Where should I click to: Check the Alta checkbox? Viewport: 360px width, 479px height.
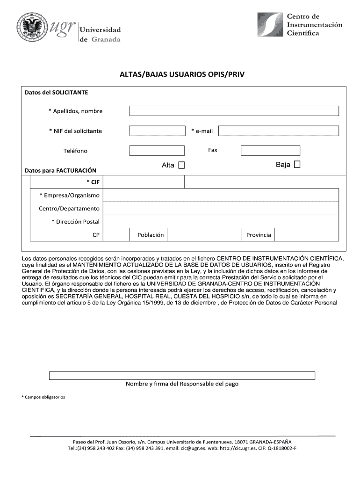[x=181, y=165]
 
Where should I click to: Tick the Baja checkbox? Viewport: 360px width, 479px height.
[x=297, y=165]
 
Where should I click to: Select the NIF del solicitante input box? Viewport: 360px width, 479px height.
[x=157, y=131]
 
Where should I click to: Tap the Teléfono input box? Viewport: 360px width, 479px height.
[x=157, y=151]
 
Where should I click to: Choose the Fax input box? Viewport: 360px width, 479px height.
[x=270, y=151]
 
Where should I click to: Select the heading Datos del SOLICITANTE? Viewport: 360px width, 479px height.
[x=56, y=93]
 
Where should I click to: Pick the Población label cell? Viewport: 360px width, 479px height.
[x=151, y=235]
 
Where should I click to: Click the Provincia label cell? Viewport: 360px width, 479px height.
[x=259, y=235]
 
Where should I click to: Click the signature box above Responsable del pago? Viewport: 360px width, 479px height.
[x=182, y=375]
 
